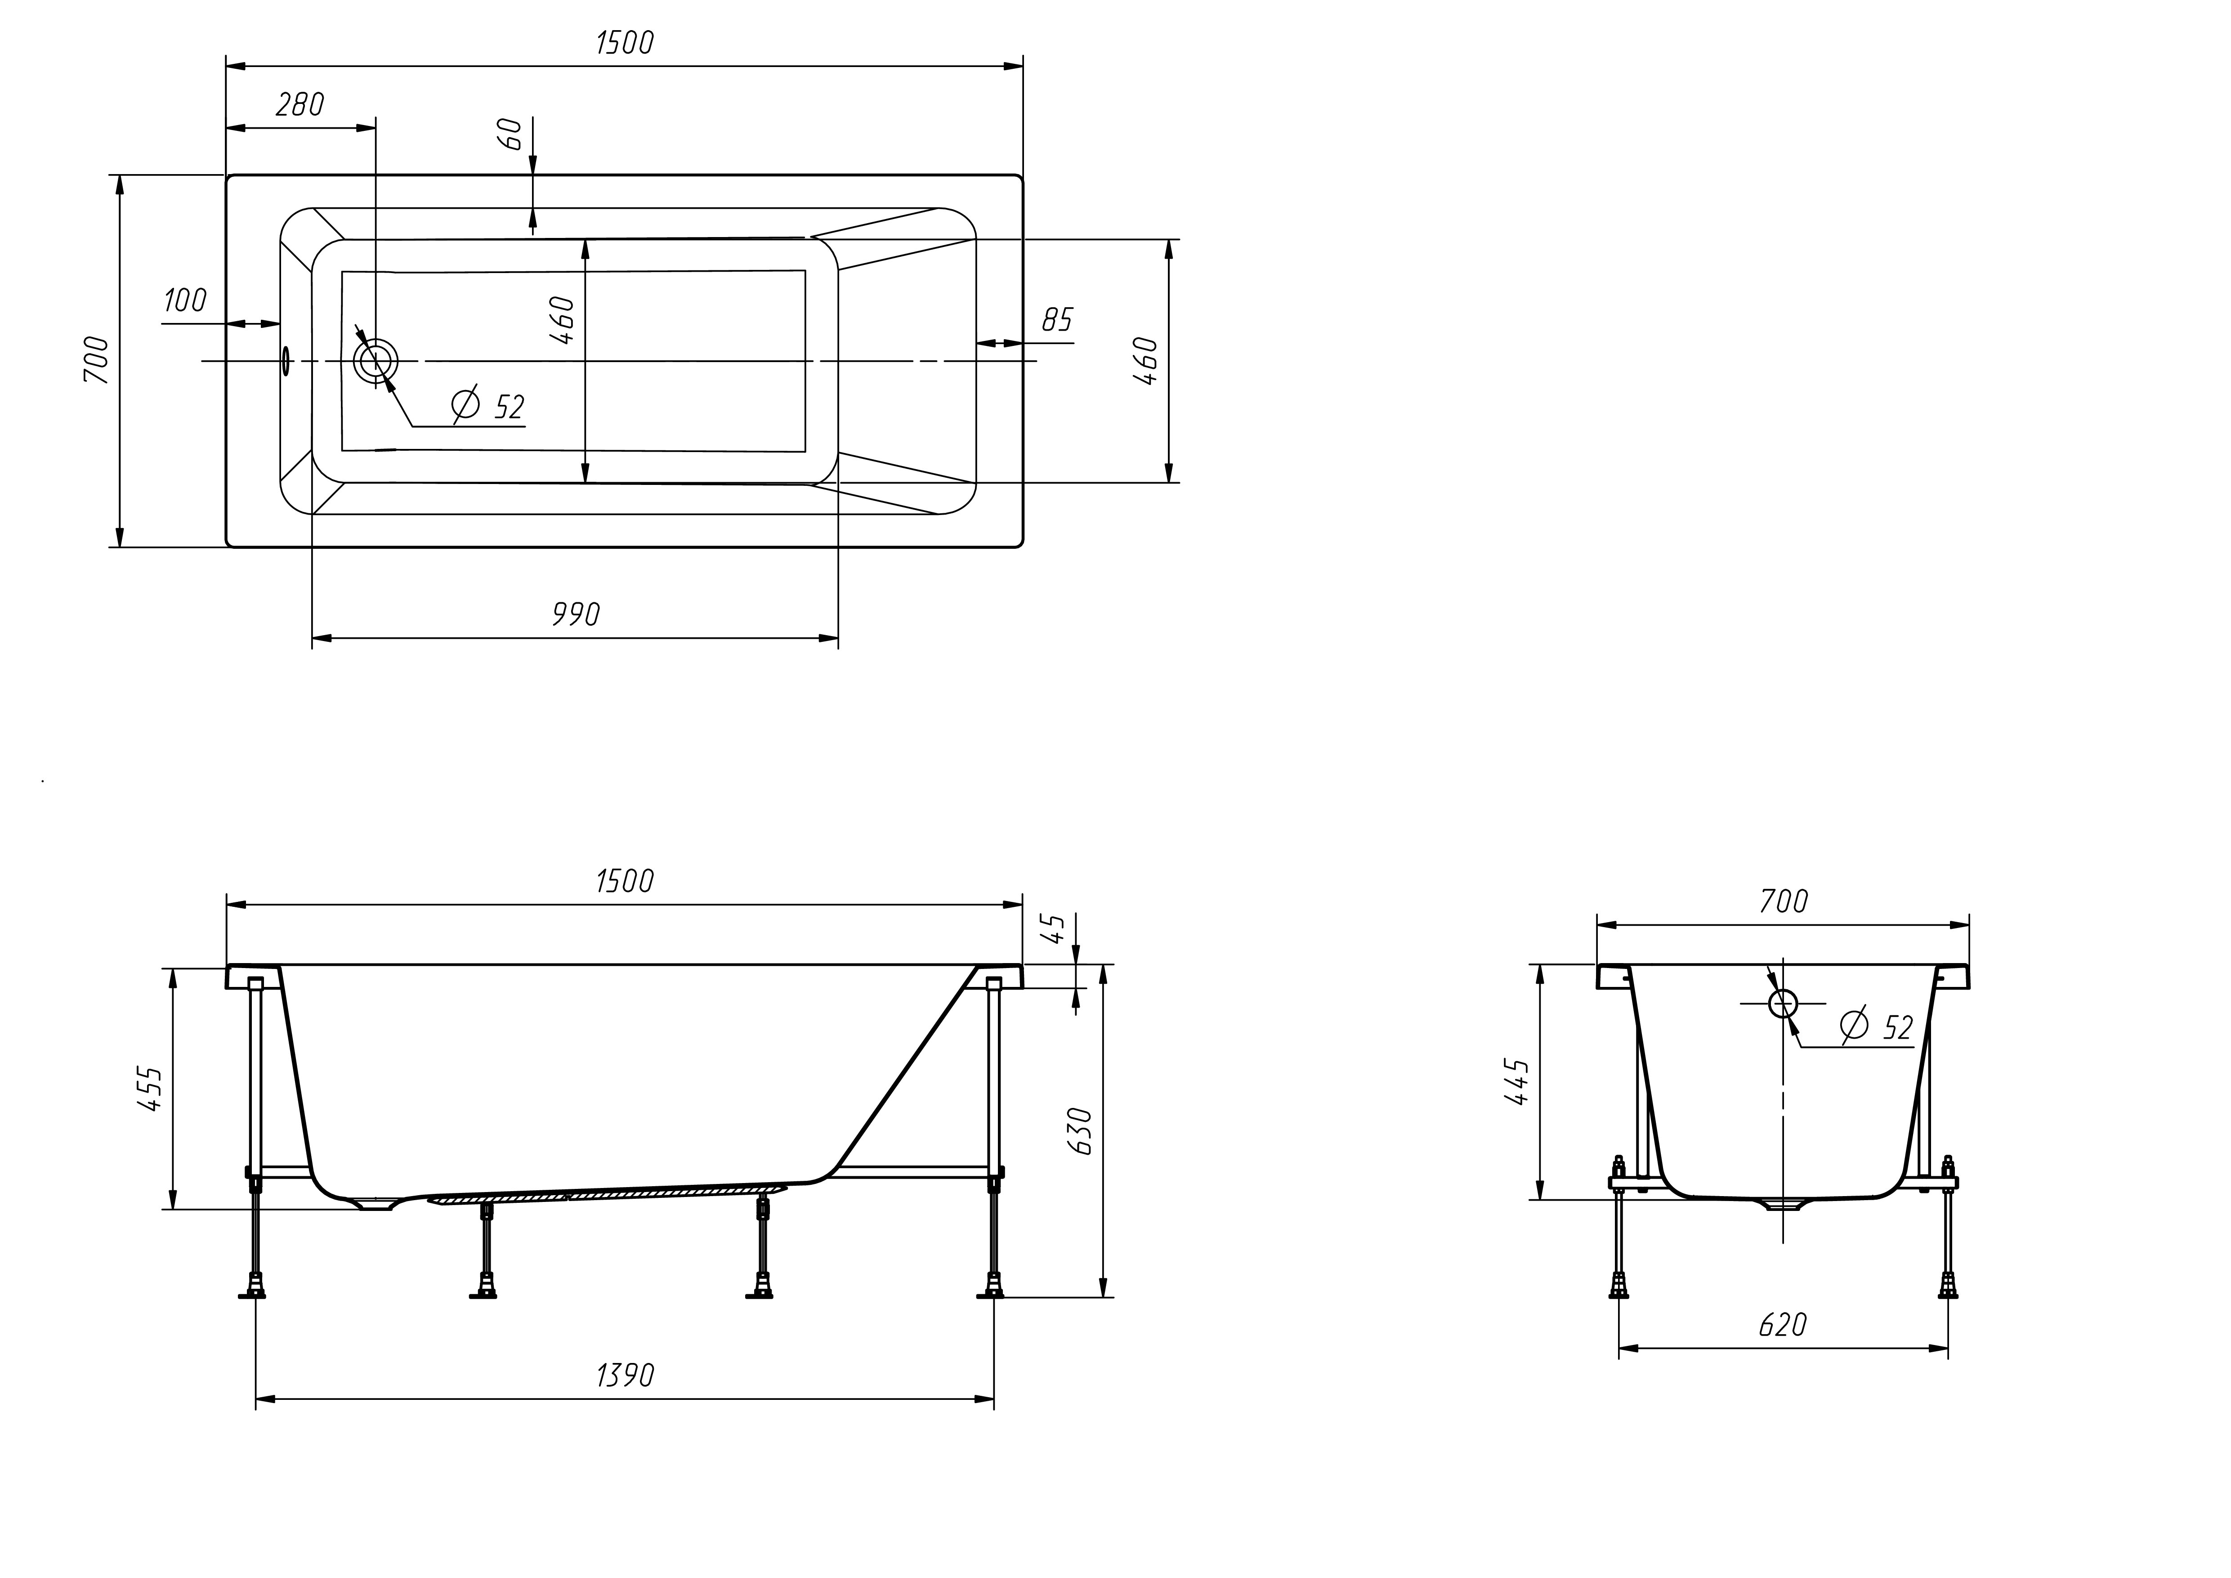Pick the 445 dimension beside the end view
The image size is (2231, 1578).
tap(1517, 1081)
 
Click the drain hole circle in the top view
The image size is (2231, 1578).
tap(375, 362)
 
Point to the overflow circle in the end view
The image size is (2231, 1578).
tap(1783, 1003)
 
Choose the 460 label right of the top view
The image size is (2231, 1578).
tap(1147, 362)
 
